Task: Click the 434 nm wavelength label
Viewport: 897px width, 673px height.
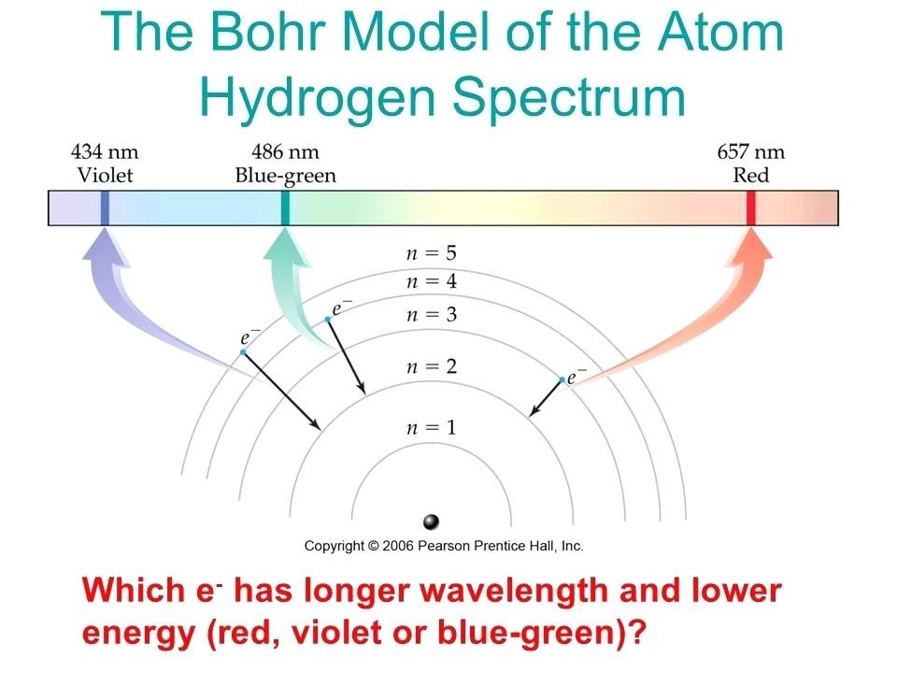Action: click(x=105, y=151)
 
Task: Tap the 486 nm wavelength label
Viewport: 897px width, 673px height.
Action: click(x=285, y=151)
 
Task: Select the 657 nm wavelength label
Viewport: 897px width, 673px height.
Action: click(x=751, y=151)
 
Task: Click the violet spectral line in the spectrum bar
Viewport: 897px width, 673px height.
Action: click(x=105, y=208)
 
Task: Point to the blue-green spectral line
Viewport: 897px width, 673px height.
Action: click(x=285, y=208)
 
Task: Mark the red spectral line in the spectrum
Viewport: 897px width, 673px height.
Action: click(x=751, y=208)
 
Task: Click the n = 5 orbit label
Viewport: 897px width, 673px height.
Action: click(x=432, y=253)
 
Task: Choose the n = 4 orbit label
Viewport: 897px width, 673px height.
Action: click(x=432, y=281)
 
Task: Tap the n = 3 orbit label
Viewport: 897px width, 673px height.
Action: click(x=432, y=315)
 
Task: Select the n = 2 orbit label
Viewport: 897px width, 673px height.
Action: click(x=432, y=366)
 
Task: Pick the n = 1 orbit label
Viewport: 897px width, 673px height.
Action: click(x=432, y=427)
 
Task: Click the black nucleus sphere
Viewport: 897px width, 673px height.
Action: click(x=431, y=522)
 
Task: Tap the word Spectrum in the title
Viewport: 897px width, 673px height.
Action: click(x=569, y=98)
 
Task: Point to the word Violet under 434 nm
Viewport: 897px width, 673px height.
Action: click(x=105, y=175)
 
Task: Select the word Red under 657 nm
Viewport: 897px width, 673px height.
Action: click(x=751, y=175)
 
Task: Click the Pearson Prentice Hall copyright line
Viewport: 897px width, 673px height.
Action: click(x=444, y=546)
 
